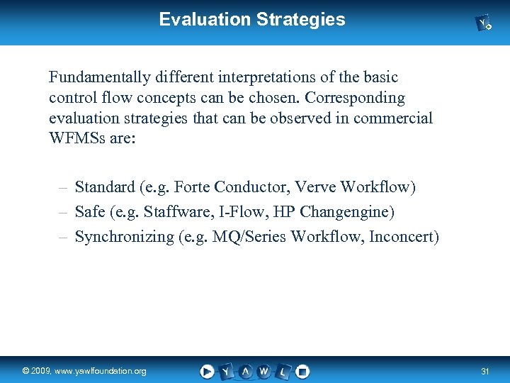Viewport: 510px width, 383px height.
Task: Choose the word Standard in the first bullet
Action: click(105, 187)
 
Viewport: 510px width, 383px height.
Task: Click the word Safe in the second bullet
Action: click(89, 212)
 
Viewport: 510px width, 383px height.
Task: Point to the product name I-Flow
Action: click(257, 212)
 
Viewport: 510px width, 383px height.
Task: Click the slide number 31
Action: click(485, 372)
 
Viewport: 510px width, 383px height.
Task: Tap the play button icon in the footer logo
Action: click(207, 371)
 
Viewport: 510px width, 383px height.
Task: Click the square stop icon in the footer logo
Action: click(302, 371)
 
